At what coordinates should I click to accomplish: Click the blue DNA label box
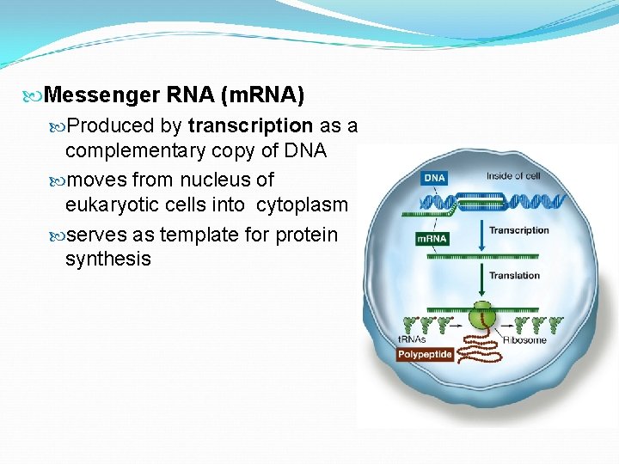point(435,178)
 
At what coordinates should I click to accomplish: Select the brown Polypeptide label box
point(425,354)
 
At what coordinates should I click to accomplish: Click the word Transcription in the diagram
point(518,230)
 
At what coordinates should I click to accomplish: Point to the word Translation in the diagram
point(514,276)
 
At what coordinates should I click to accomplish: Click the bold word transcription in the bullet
point(250,125)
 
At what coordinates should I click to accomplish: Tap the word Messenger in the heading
point(101,94)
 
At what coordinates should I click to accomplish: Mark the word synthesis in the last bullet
point(107,259)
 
